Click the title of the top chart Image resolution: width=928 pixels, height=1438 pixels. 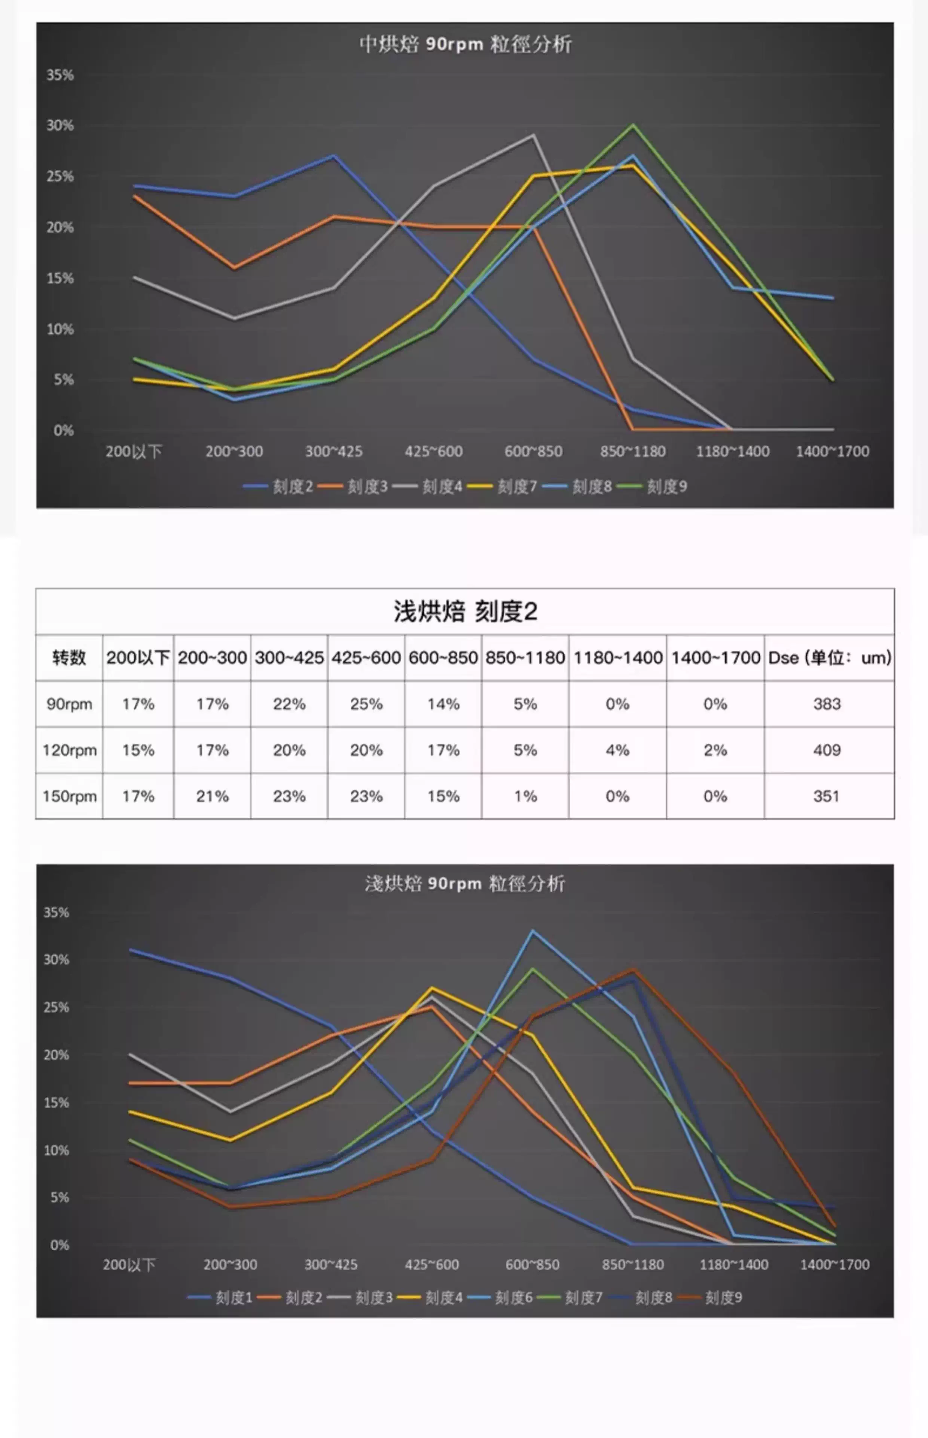pyautogui.click(x=465, y=44)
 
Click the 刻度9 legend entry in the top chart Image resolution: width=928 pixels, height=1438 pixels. pyautogui.click(x=666, y=486)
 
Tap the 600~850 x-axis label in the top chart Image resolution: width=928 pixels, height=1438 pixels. pyautogui.click(x=533, y=451)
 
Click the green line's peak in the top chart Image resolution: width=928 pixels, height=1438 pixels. pyautogui.click(x=633, y=125)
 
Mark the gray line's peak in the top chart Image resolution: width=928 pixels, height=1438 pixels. pyautogui.click(x=533, y=135)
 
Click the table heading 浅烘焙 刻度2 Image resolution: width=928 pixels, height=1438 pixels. pyautogui.click(x=465, y=612)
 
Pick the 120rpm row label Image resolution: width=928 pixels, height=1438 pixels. pyautogui.click(x=69, y=750)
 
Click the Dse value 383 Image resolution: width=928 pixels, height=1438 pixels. pyautogui.click(x=827, y=704)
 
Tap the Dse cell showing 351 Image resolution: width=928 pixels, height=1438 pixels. pyautogui.click(x=826, y=796)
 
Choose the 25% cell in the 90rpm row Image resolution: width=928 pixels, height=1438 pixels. pyautogui.click(x=366, y=704)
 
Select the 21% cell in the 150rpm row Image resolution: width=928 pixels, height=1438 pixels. pyautogui.click(x=212, y=796)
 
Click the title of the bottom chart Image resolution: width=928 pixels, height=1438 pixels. pyautogui.click(x=465, y=884)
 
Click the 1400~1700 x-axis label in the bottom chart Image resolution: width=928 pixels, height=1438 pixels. pyautogui.click(x=834, y=1264)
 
